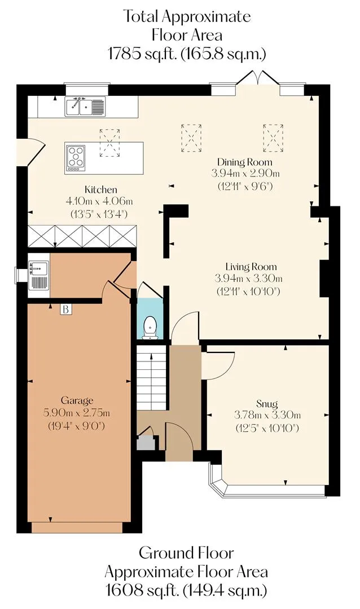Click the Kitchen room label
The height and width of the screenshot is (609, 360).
100,189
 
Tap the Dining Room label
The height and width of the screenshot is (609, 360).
244,162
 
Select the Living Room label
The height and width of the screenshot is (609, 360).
251,267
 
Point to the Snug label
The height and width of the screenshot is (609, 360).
267,404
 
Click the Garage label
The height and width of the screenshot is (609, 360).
77,400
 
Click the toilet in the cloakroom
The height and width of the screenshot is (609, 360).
150,327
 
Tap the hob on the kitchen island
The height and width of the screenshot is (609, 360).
76,158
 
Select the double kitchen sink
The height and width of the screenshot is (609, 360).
85,106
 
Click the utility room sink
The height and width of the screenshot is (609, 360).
38,275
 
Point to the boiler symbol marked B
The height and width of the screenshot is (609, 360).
66,309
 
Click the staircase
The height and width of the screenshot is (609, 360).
151,378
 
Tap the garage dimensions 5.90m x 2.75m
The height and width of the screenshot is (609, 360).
77,412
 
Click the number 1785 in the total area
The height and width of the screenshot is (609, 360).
124,54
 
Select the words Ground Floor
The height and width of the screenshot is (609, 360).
186,553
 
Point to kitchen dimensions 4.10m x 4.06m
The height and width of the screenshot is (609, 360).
99,201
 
